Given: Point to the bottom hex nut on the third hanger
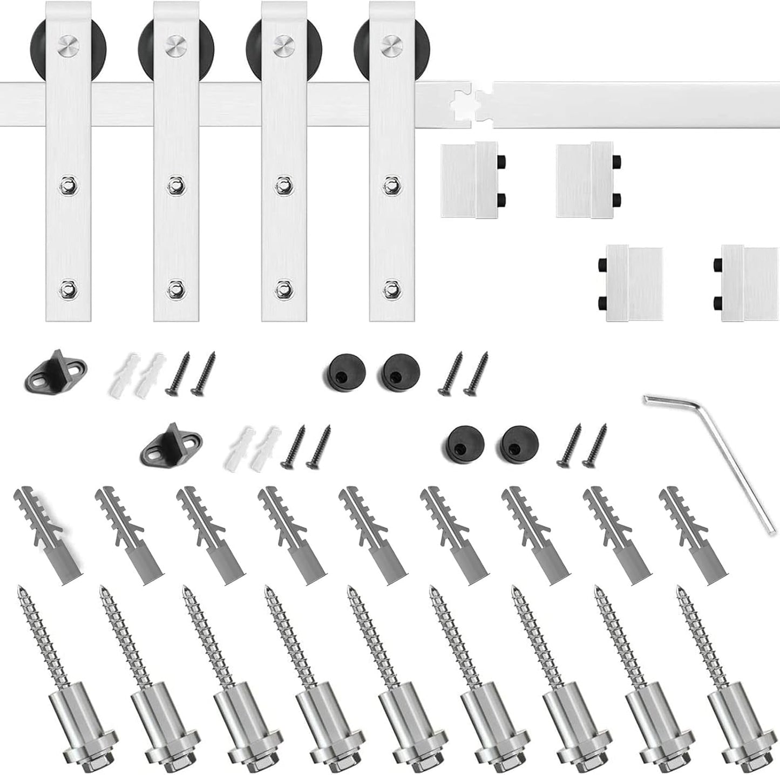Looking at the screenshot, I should [x=283, y=288].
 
